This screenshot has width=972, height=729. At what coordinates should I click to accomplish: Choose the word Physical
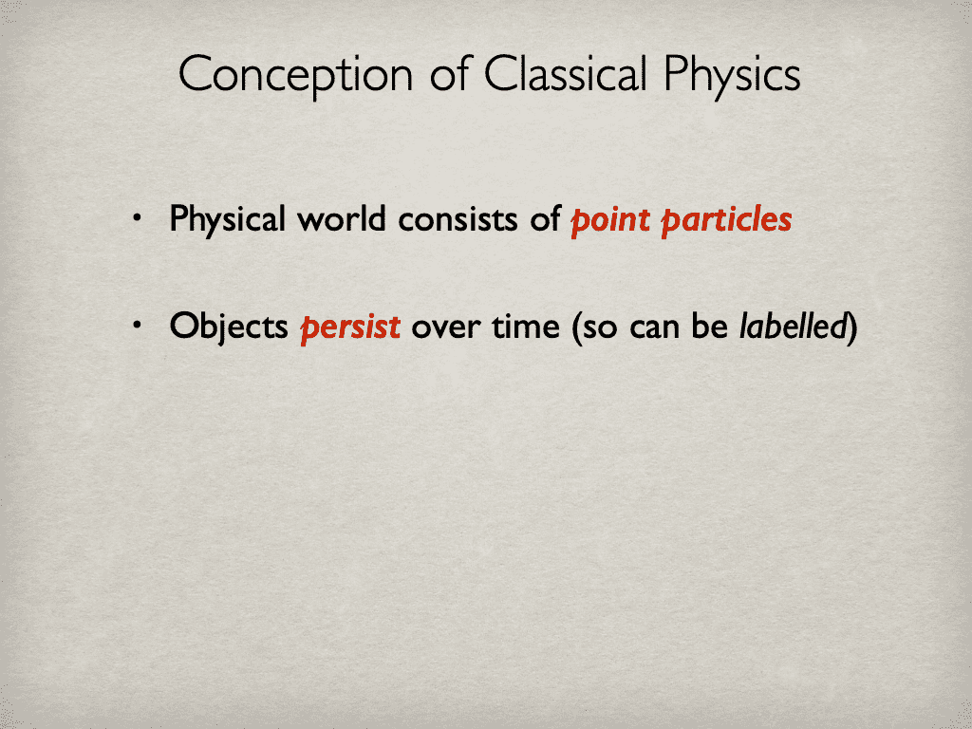pos(227,220)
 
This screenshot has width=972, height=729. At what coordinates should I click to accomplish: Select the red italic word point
pos(609,221)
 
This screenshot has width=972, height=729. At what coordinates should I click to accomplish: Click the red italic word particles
pos(726,221)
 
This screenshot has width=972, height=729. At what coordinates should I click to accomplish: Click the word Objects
pos(228,327)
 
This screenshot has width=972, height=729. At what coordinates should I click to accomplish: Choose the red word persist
pos(350,327)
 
